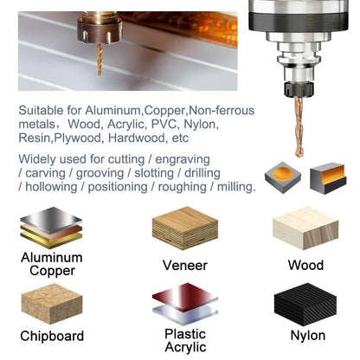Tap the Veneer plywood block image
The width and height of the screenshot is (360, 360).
[183, 228]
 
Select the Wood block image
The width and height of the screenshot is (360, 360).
[305, 228]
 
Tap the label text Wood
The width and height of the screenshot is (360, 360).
[305, 266]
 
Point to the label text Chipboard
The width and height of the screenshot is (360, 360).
[51, 336]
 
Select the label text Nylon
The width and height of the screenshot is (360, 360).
[307, 335]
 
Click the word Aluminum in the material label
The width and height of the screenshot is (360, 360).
[51, 258]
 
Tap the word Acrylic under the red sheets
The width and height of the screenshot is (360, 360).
[184, 347]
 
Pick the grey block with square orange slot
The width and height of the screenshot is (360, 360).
[327, 177]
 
